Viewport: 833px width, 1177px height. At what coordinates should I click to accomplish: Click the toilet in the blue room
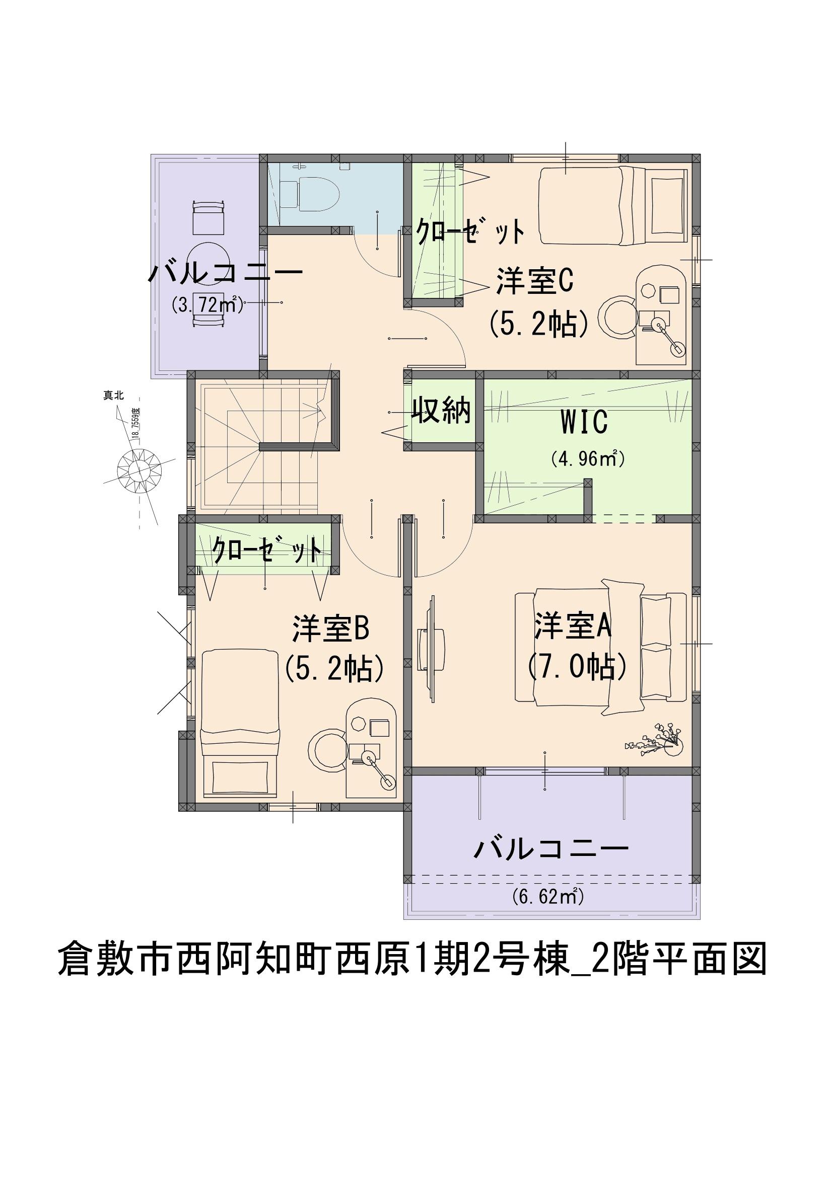(x=310, y=193)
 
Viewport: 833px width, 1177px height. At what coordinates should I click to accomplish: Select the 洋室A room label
(x=573, y=625)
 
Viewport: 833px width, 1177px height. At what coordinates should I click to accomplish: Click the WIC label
(x=584, y=422)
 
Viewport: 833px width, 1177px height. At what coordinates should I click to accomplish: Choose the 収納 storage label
(x=442, y=410)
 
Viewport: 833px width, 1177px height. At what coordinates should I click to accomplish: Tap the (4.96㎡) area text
(x=587, y=458)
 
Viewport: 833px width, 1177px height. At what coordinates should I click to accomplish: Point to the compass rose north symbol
(x=140, y=468)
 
